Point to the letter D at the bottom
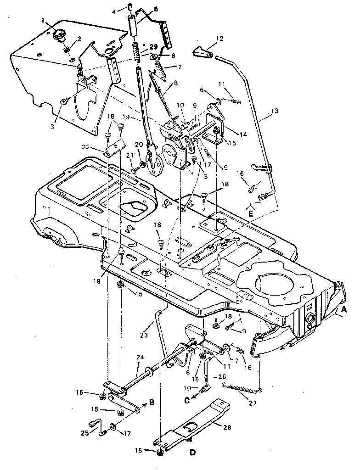click(x=192, y=453)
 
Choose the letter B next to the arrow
click(x=152, y=404)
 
